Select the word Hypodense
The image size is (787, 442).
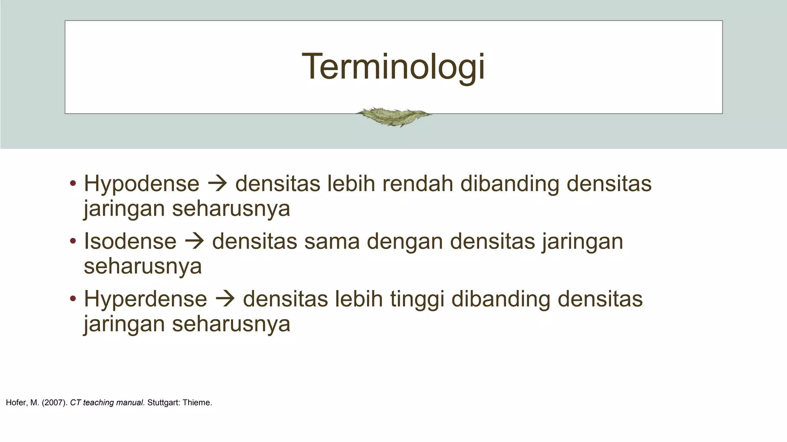pos(141,184)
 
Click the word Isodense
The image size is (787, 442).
pos(130,242)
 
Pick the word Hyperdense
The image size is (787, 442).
pos(145,299)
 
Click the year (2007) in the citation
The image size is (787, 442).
pos(55,403)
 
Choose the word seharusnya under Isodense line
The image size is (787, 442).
pos(143,266)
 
